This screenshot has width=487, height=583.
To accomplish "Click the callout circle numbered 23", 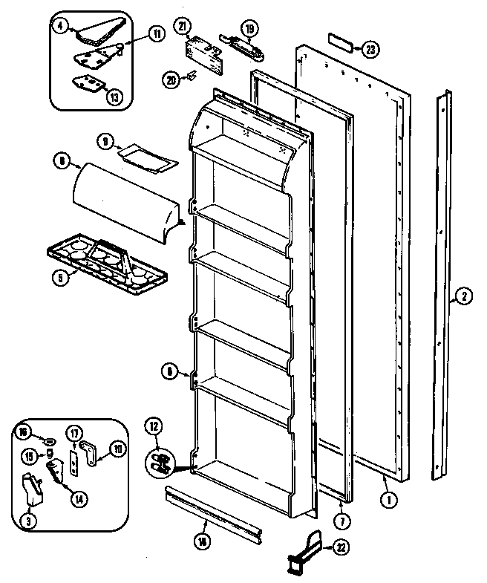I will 368,50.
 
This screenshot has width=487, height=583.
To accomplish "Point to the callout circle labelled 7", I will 340,520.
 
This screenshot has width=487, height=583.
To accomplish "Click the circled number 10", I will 117,448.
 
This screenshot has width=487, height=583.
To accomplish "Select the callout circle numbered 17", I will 75,433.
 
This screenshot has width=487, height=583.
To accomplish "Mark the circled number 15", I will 27,455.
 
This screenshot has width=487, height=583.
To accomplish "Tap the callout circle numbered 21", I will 181,27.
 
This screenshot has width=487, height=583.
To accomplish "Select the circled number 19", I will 250,30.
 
